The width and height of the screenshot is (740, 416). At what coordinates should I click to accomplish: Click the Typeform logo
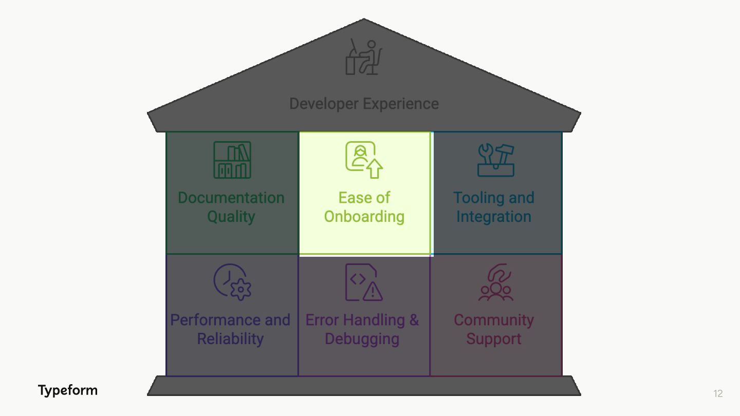(x=67, y=390)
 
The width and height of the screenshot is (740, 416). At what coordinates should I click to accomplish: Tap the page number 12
(x=718, y=394)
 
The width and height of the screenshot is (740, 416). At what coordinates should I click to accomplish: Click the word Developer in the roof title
(x=324, y=104)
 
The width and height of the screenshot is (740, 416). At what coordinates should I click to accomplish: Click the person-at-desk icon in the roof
(x=364, y=57)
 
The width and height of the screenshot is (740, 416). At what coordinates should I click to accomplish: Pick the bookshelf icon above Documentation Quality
(x=232, y=160)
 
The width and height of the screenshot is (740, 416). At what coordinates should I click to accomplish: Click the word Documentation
(x=231, y=198)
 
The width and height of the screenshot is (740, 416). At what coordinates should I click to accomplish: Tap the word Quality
(x=231, y=216)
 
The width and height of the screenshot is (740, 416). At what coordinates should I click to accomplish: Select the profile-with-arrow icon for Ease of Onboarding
(x=364, y=160)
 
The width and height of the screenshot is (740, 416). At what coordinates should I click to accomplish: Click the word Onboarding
(x=364, y=216)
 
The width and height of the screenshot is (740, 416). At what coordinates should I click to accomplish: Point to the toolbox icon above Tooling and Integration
(x=496, y=160)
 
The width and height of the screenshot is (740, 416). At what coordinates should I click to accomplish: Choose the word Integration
(x=493, y=216)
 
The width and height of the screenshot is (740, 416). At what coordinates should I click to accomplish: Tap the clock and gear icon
(x=232, y=282)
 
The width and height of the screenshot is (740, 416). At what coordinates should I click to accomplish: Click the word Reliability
(x=230, y=339)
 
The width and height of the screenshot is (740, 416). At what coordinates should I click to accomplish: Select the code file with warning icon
(x=364, y=282)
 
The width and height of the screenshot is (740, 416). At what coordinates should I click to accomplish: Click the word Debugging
(x=362, y=339)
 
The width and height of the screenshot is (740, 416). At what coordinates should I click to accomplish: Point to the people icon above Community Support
(x=496, y=282)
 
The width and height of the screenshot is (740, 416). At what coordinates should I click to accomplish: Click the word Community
(x=493, y=320)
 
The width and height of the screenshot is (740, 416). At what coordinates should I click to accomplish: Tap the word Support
(x=493, y=339)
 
